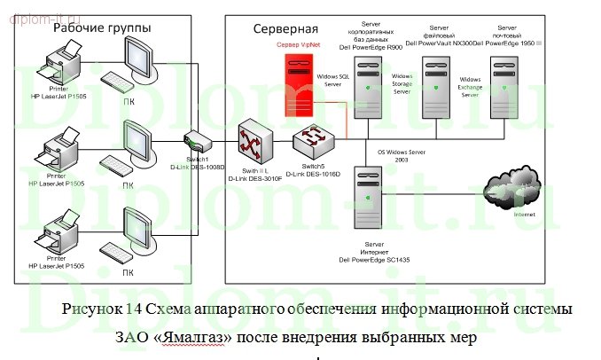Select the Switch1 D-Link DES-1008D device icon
click(x=196, y=140)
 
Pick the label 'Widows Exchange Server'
click(x=470, y=85)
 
